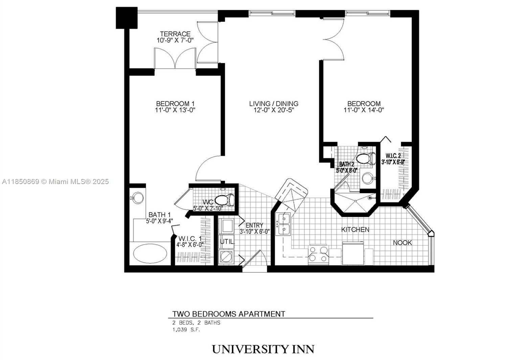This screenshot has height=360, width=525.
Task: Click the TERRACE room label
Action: tap(175, 34)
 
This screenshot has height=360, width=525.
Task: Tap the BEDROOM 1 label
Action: tap(175, 104)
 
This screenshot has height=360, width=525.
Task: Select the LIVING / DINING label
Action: tap(274, 104)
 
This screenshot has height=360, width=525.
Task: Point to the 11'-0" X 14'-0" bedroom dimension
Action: tap(364, 110)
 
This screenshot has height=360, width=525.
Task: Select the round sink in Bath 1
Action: tap(138, 198)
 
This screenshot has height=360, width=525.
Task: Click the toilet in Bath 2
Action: tap(366, 158)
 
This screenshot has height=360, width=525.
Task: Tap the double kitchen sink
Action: tap(283, 224)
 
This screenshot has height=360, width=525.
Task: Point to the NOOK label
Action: tap(403, 243)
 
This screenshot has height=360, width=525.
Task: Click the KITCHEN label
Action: tap(355, 229)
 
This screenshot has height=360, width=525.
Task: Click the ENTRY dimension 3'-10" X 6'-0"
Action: tap(254, 232)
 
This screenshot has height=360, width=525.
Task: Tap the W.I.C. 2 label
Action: tap(393, 156)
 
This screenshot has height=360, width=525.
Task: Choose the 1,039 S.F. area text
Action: tap(186, 330)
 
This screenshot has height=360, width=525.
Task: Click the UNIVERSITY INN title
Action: tap(263, 349)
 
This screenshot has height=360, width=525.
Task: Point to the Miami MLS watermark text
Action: tap(55, 182)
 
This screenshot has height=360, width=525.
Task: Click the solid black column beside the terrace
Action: tap(127, 18)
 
